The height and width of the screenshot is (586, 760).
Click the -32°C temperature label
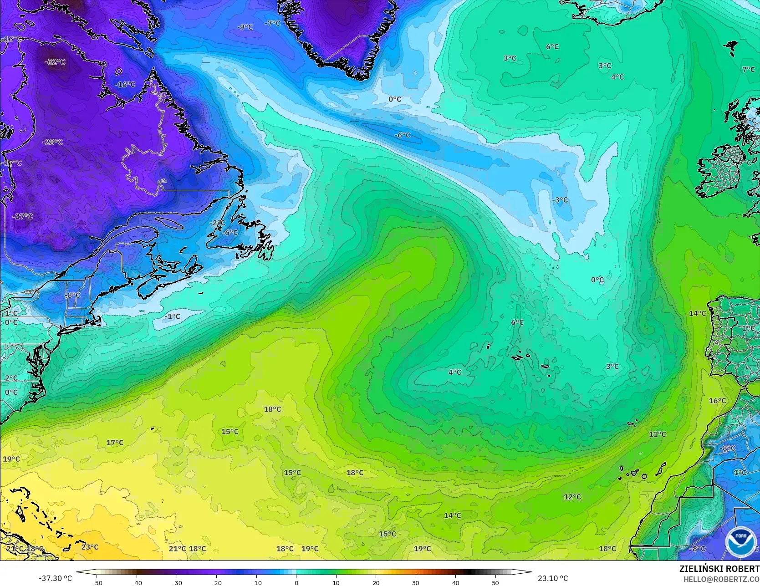(56, 62)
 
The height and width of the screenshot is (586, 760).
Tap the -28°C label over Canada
(52, 142)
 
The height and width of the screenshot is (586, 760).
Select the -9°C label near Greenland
(245, 27)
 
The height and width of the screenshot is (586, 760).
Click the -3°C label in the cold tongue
(560, 200)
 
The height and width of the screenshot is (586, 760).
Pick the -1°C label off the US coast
(173, 316)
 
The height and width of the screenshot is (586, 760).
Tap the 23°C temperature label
(90, 547)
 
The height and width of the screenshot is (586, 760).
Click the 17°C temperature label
(115, 443)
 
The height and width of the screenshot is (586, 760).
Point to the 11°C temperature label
(657, 434)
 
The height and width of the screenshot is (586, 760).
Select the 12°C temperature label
(572, 497)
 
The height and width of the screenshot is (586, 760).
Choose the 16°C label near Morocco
(717, 401)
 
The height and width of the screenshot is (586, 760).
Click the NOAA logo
(740, 542)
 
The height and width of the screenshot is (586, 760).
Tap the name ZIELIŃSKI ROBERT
(719, 569)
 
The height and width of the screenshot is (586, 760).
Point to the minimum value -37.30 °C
(55, 578)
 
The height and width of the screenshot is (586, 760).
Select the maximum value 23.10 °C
(553, 578)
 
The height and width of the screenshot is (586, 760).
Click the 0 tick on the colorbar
(296, 582)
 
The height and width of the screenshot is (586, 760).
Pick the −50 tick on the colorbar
(97, 582)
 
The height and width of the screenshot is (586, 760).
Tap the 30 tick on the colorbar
(416, 582)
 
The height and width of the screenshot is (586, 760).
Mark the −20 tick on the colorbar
(216, 582)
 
